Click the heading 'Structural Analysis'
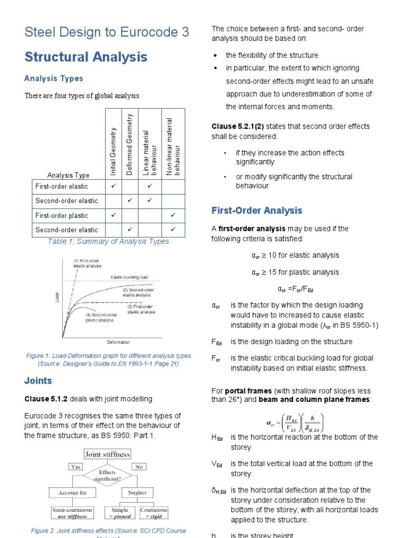(x=86, y=57)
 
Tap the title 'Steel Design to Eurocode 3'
(x=107, y=32)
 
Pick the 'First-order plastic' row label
(x=62, y=215)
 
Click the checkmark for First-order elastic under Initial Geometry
(x=113, y=186)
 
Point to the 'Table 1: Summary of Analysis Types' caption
(x=108, y=242)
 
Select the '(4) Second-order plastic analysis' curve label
(x=99, y=317)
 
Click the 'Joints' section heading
(x=38, y=381)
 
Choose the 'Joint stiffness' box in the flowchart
(x=107, y=454)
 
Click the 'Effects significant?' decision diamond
(x=107, y=475)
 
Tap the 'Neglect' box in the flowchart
(x=137, y=493)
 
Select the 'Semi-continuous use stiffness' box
(x=72, y=513)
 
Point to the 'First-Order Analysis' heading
(x=257, y=211)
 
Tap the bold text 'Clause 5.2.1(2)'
(x=235, y=126)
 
